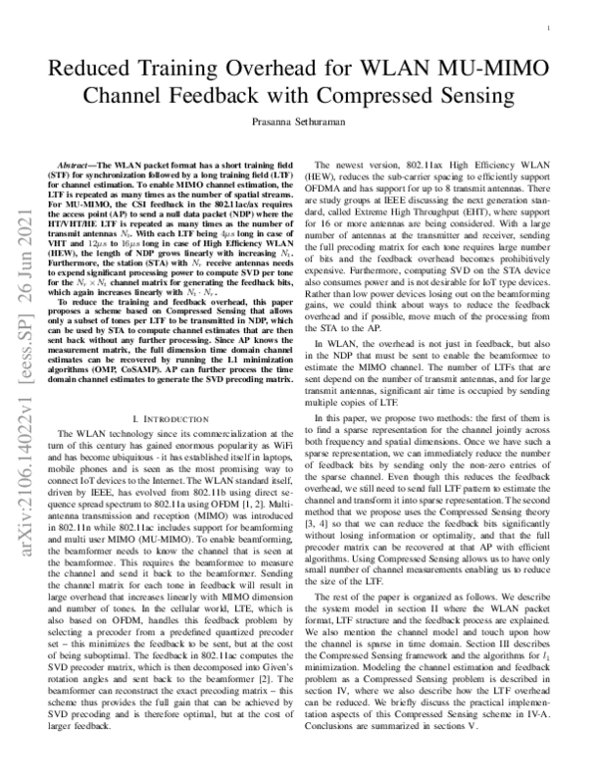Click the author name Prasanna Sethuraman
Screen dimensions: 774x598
tap(298, 127)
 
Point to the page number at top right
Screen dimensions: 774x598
tap(550, 30)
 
